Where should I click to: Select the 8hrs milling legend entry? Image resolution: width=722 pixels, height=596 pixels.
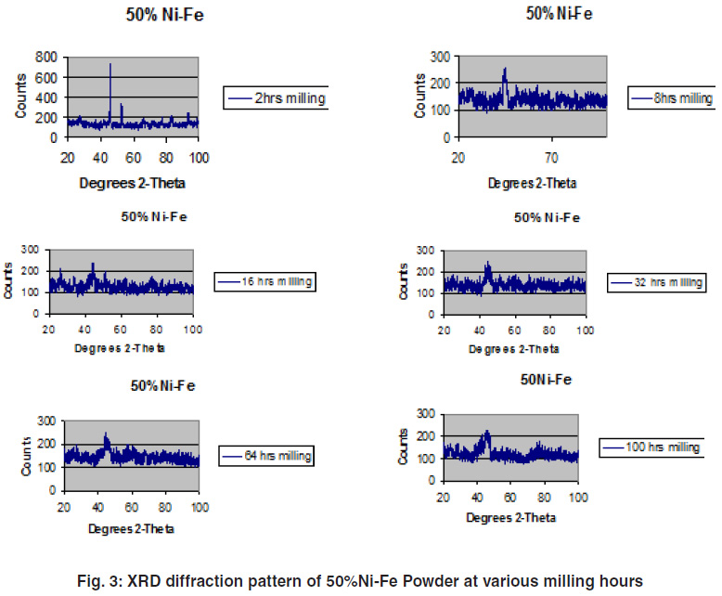(671, 97)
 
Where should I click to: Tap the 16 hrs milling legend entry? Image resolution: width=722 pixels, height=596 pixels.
(265, 280)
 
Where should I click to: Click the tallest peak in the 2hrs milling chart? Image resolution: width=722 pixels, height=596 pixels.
(110, 65)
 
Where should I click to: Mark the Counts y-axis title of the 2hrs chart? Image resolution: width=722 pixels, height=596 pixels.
(21, 97)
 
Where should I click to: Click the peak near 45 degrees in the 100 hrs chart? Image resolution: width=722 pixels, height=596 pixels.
(486, 433)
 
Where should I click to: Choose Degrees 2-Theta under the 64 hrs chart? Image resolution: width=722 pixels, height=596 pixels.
(131, 528)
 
